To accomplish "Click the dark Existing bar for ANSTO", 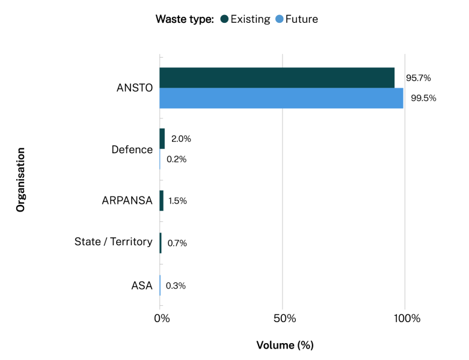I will coord(277,78).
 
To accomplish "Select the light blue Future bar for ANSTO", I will coord(281,98).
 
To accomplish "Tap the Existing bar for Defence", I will coord(162,139).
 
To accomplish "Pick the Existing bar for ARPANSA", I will coord(161,201).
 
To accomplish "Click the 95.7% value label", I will coord(418,78).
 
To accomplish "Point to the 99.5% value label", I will coord(423,98).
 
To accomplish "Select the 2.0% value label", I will coord(181,139).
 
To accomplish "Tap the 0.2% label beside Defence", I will coord(176,159).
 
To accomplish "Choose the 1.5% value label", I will coord(178,201).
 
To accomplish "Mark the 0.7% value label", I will coord(177,243).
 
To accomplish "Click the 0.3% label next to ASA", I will coord(176,285).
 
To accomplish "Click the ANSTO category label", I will coord(135,88).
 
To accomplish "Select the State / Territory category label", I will coord(113,242).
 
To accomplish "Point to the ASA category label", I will coord(142,285).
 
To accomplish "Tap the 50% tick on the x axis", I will coord(283,318).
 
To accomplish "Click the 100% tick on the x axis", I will coord(405,318).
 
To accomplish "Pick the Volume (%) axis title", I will coord(285,346).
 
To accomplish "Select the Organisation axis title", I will coord(20,180).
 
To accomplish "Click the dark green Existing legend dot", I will coord(224,19).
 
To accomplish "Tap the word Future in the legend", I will coord(302,19).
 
